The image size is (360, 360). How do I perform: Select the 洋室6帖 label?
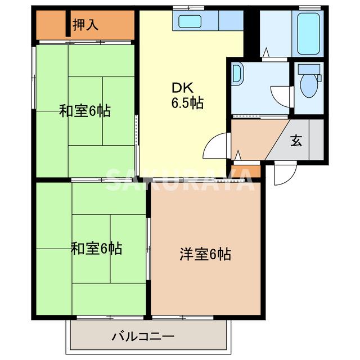click(205, 254)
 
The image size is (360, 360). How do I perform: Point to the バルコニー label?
click(143, 336)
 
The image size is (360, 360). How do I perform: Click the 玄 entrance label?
click(296, 141)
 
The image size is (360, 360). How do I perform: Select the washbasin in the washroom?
click(237, 74)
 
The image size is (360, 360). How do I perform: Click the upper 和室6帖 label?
click(85, 111)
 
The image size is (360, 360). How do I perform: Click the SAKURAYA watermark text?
click(180, 180)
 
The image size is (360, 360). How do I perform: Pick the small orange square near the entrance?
click(253, 169)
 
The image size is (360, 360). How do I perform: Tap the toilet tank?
click(309, 69)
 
